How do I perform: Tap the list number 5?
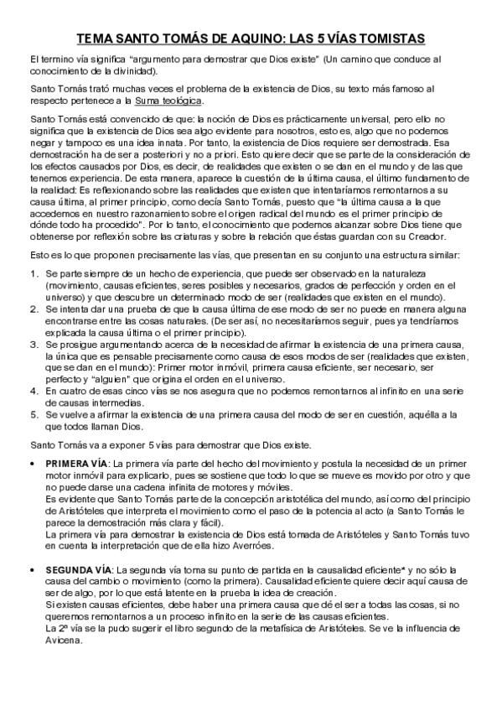click(x=33, y=414)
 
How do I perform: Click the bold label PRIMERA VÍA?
click(x=76, y=463)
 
